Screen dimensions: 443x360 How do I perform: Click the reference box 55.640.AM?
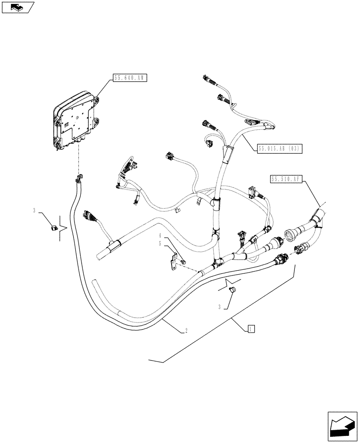tap(129, 78)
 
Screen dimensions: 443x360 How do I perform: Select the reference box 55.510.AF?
tap(285, 179)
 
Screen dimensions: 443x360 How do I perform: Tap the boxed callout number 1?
tap(250, 328)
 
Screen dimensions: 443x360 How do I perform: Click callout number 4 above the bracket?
tap(160, 235)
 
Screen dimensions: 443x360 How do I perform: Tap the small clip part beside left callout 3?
tap(52, 228)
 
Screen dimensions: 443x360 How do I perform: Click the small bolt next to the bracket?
tap(182, 264)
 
